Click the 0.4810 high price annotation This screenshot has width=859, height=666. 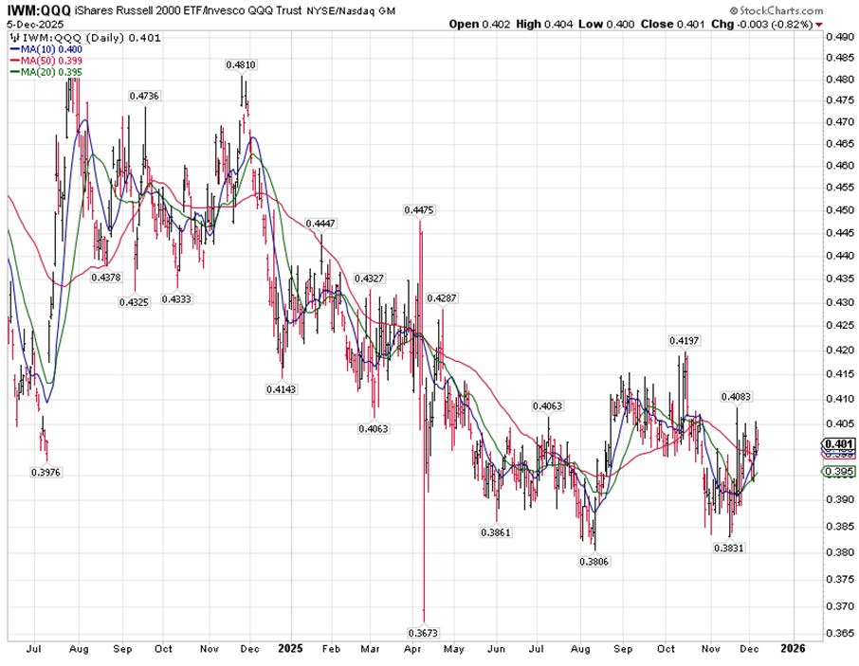click(240, 64)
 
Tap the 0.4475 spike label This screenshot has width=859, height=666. click(418, 209)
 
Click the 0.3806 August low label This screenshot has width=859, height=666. click(594, 561)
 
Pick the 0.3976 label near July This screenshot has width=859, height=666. click(46, 471)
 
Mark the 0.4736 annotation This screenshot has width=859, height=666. click(144, 96)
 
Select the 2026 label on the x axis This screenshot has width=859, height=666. click(793, 650)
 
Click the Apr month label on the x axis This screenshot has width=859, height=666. click(411, 650)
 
